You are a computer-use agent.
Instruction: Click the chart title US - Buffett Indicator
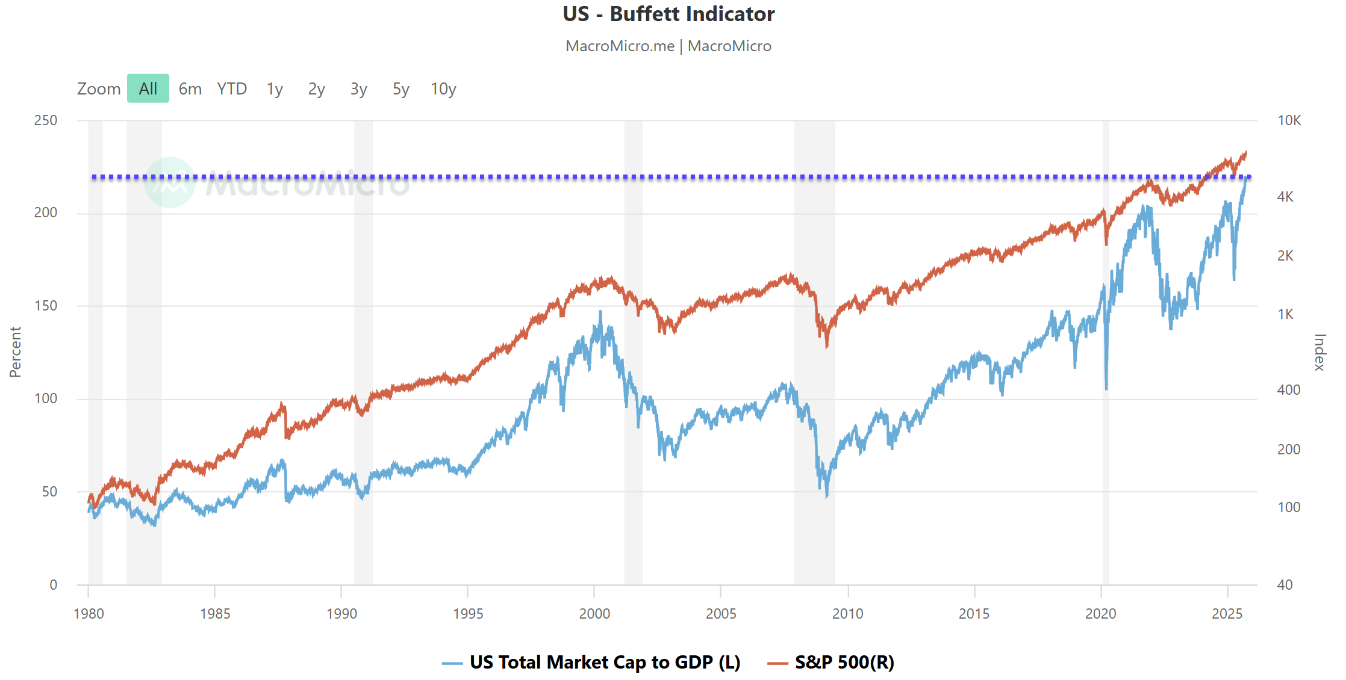668,14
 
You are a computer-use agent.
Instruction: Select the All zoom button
148,88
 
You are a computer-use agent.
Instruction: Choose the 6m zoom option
190,88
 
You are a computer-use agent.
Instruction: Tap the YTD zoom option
232,88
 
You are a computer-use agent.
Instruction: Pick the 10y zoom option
443,88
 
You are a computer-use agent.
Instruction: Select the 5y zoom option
400,88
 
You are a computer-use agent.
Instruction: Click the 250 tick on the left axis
46,120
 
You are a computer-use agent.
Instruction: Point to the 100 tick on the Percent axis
46,398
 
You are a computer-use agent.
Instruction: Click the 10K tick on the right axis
1289,120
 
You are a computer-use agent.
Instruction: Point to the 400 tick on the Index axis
1288,390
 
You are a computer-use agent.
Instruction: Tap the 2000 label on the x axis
594,613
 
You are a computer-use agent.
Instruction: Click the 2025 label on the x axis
1227,613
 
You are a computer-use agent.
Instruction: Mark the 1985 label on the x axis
215,613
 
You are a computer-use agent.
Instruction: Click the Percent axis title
15,352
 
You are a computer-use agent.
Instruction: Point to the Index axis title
1319,352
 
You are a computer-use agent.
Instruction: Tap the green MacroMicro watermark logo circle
170,182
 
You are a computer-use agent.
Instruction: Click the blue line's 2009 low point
827,495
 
